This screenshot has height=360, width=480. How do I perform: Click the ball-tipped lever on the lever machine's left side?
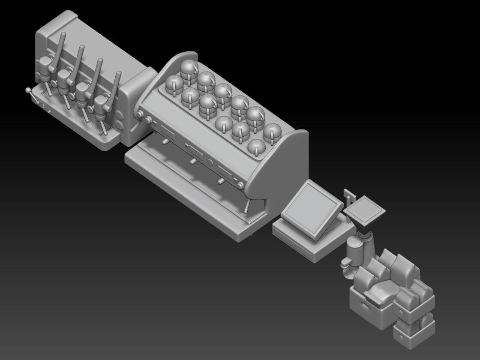[x=29, y=91]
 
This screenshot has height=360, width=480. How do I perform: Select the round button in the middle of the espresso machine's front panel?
[x=210, y=162]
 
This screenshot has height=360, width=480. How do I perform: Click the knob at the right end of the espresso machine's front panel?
[x=241, y=185]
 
